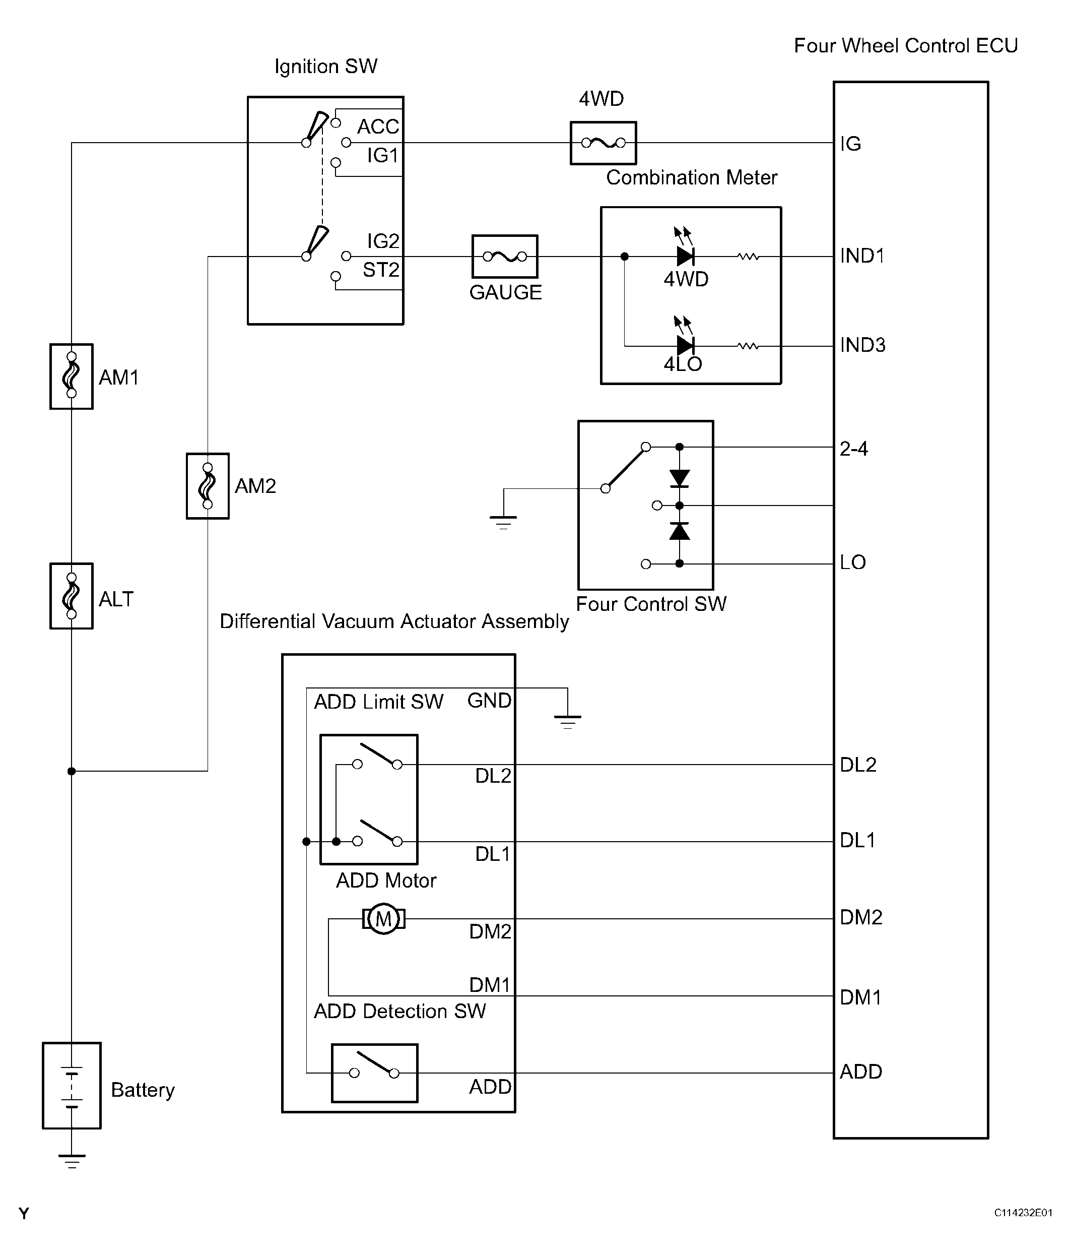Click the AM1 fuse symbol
72,376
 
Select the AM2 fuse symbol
208,486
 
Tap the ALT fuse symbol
72,596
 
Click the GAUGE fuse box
505,257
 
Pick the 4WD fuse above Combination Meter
603,143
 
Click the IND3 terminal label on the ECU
862,345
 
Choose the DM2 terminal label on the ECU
861,917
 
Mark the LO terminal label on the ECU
853,562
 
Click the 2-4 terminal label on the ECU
853,449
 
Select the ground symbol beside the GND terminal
567,722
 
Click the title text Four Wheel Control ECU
906,45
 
